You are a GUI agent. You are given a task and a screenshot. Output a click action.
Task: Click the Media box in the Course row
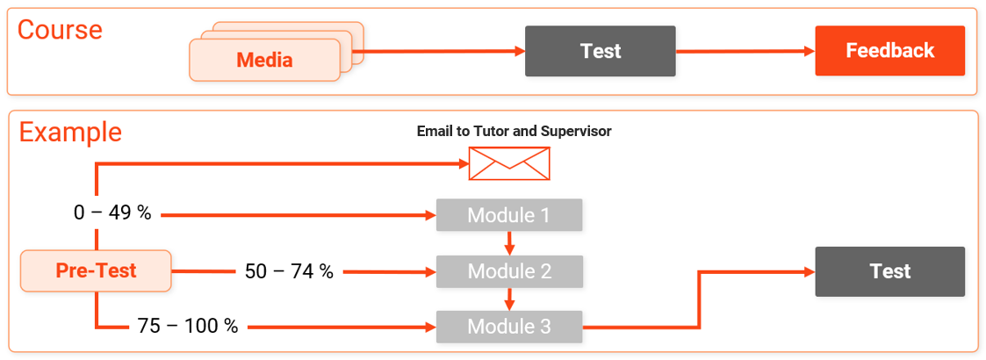click(264, 61)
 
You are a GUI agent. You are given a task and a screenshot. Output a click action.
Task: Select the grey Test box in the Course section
click(600, 51)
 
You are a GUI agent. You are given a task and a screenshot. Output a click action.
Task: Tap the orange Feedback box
click(889, 51)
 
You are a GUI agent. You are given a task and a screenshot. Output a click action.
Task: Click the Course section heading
click(60, 30)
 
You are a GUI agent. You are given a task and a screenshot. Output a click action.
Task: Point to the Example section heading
click(70, 133)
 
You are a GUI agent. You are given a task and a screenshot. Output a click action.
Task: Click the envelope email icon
click(509, 163)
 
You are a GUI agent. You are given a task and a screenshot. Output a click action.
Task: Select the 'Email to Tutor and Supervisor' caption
click(514, 131)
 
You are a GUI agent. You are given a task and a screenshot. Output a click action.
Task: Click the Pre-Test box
click(96, 270)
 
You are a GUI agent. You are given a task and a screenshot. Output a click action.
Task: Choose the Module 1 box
click(509, 215)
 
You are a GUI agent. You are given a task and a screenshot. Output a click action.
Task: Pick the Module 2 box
click(509, 271)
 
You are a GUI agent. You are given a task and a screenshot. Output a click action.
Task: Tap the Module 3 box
click(509, 327)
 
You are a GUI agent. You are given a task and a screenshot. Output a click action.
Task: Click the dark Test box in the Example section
click(889, 271)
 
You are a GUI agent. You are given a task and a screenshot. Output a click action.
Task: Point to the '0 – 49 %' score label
click(112, 213)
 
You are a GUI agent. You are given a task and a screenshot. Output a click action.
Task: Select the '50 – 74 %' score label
click(289, 271)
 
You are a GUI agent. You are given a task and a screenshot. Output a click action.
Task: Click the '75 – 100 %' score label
click(188, 327)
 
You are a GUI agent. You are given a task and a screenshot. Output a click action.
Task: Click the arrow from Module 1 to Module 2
click(509, 243)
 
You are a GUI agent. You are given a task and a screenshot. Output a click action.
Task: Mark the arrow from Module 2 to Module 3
click(509, 299)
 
